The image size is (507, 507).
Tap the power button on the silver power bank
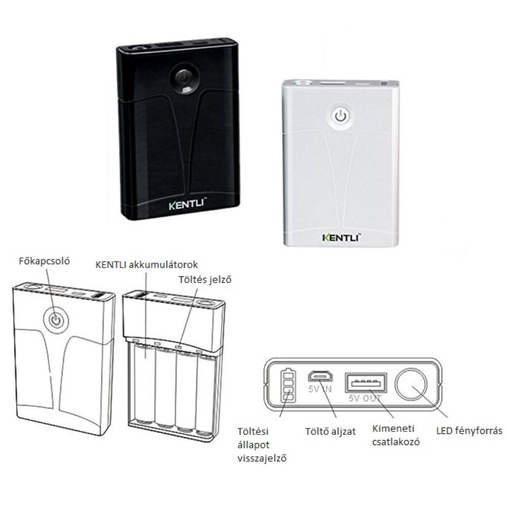tap(341, 117)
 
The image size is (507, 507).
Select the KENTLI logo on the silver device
tap(342, 238)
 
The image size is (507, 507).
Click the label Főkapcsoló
tap(44, 261)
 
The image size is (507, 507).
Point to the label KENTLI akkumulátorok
tap(147, 265)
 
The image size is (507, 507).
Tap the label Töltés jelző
tap(205, 279)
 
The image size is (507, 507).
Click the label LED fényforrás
tap(469, 430)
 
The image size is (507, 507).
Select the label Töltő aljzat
tap(331, 431)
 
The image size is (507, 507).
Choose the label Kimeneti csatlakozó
tap(396, 435)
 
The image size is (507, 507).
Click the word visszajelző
tap(262, 458)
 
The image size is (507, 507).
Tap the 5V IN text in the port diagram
tap(320, 389)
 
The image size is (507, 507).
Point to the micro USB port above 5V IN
tap(320, 376)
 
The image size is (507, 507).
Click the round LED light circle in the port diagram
tap(411, 385)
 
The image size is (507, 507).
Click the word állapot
tap(253, 445)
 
